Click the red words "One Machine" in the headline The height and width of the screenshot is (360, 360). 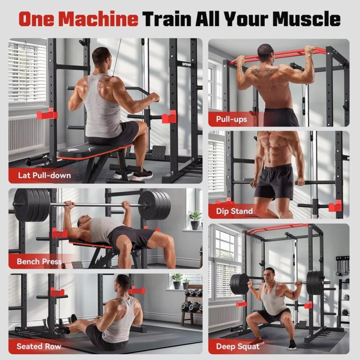pos(78,19)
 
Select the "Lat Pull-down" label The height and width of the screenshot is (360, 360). pos(44,176)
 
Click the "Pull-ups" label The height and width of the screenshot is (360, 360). pos(231,119)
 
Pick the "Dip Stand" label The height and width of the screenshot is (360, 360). pos(234,211)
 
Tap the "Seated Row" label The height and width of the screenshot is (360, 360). pos(39,346)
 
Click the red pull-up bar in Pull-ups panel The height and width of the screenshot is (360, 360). pos(277,55)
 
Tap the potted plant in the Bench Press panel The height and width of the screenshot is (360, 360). pos(195,219)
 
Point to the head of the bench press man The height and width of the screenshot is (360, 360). pos(84,222)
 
